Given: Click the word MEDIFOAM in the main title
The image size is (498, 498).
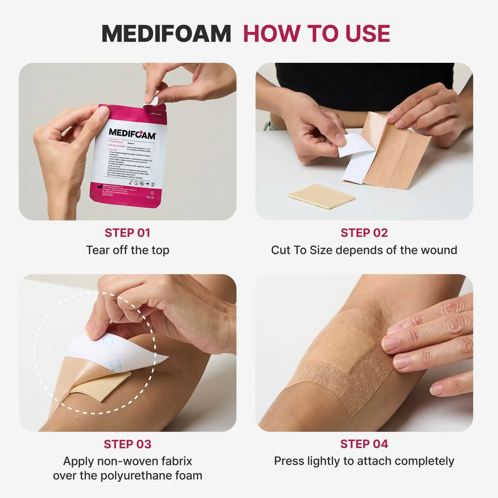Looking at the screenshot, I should (x=166, y=34).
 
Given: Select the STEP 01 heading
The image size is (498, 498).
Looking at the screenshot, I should (x=127, y=233).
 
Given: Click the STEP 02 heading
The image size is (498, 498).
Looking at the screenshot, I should (x=364, y=233).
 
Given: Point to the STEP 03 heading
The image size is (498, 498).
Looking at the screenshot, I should (x=127, y=444).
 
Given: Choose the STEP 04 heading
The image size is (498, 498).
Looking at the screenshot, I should (x=364, y=444).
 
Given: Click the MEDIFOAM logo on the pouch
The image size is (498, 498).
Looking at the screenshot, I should (x=132, y=134).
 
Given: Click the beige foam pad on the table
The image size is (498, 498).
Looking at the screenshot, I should (x=322, y=196).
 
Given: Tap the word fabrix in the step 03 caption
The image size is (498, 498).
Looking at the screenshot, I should (x=176, y=461).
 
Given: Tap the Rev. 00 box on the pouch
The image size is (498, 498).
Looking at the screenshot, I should (x=150, y=197).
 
